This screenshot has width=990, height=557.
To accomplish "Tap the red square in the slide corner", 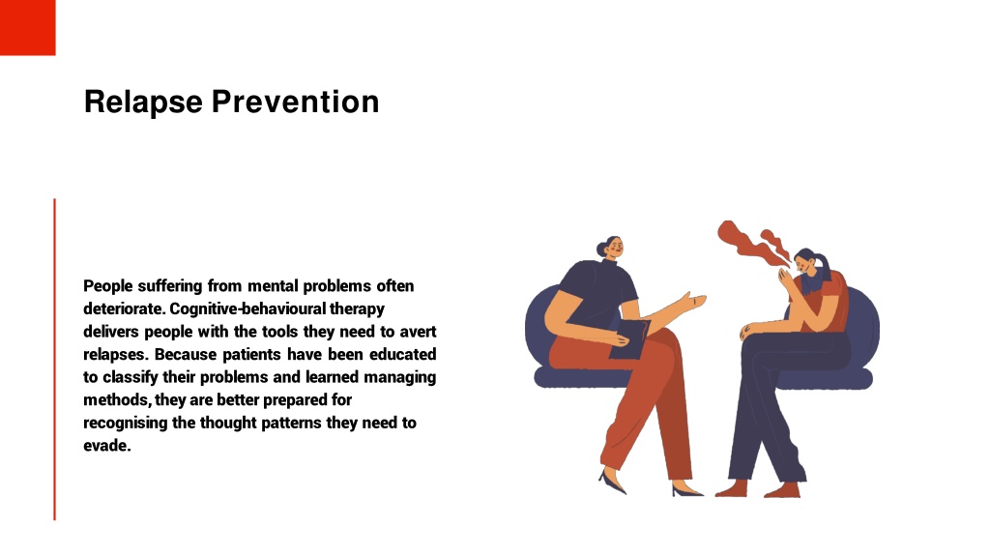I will click(x=27, y=27).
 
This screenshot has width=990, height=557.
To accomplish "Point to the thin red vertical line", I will click(x=54, y=358).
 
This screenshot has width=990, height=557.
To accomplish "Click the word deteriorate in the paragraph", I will click(x=124, y=308).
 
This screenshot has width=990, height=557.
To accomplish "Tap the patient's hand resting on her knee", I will click(x=750, y=331).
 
